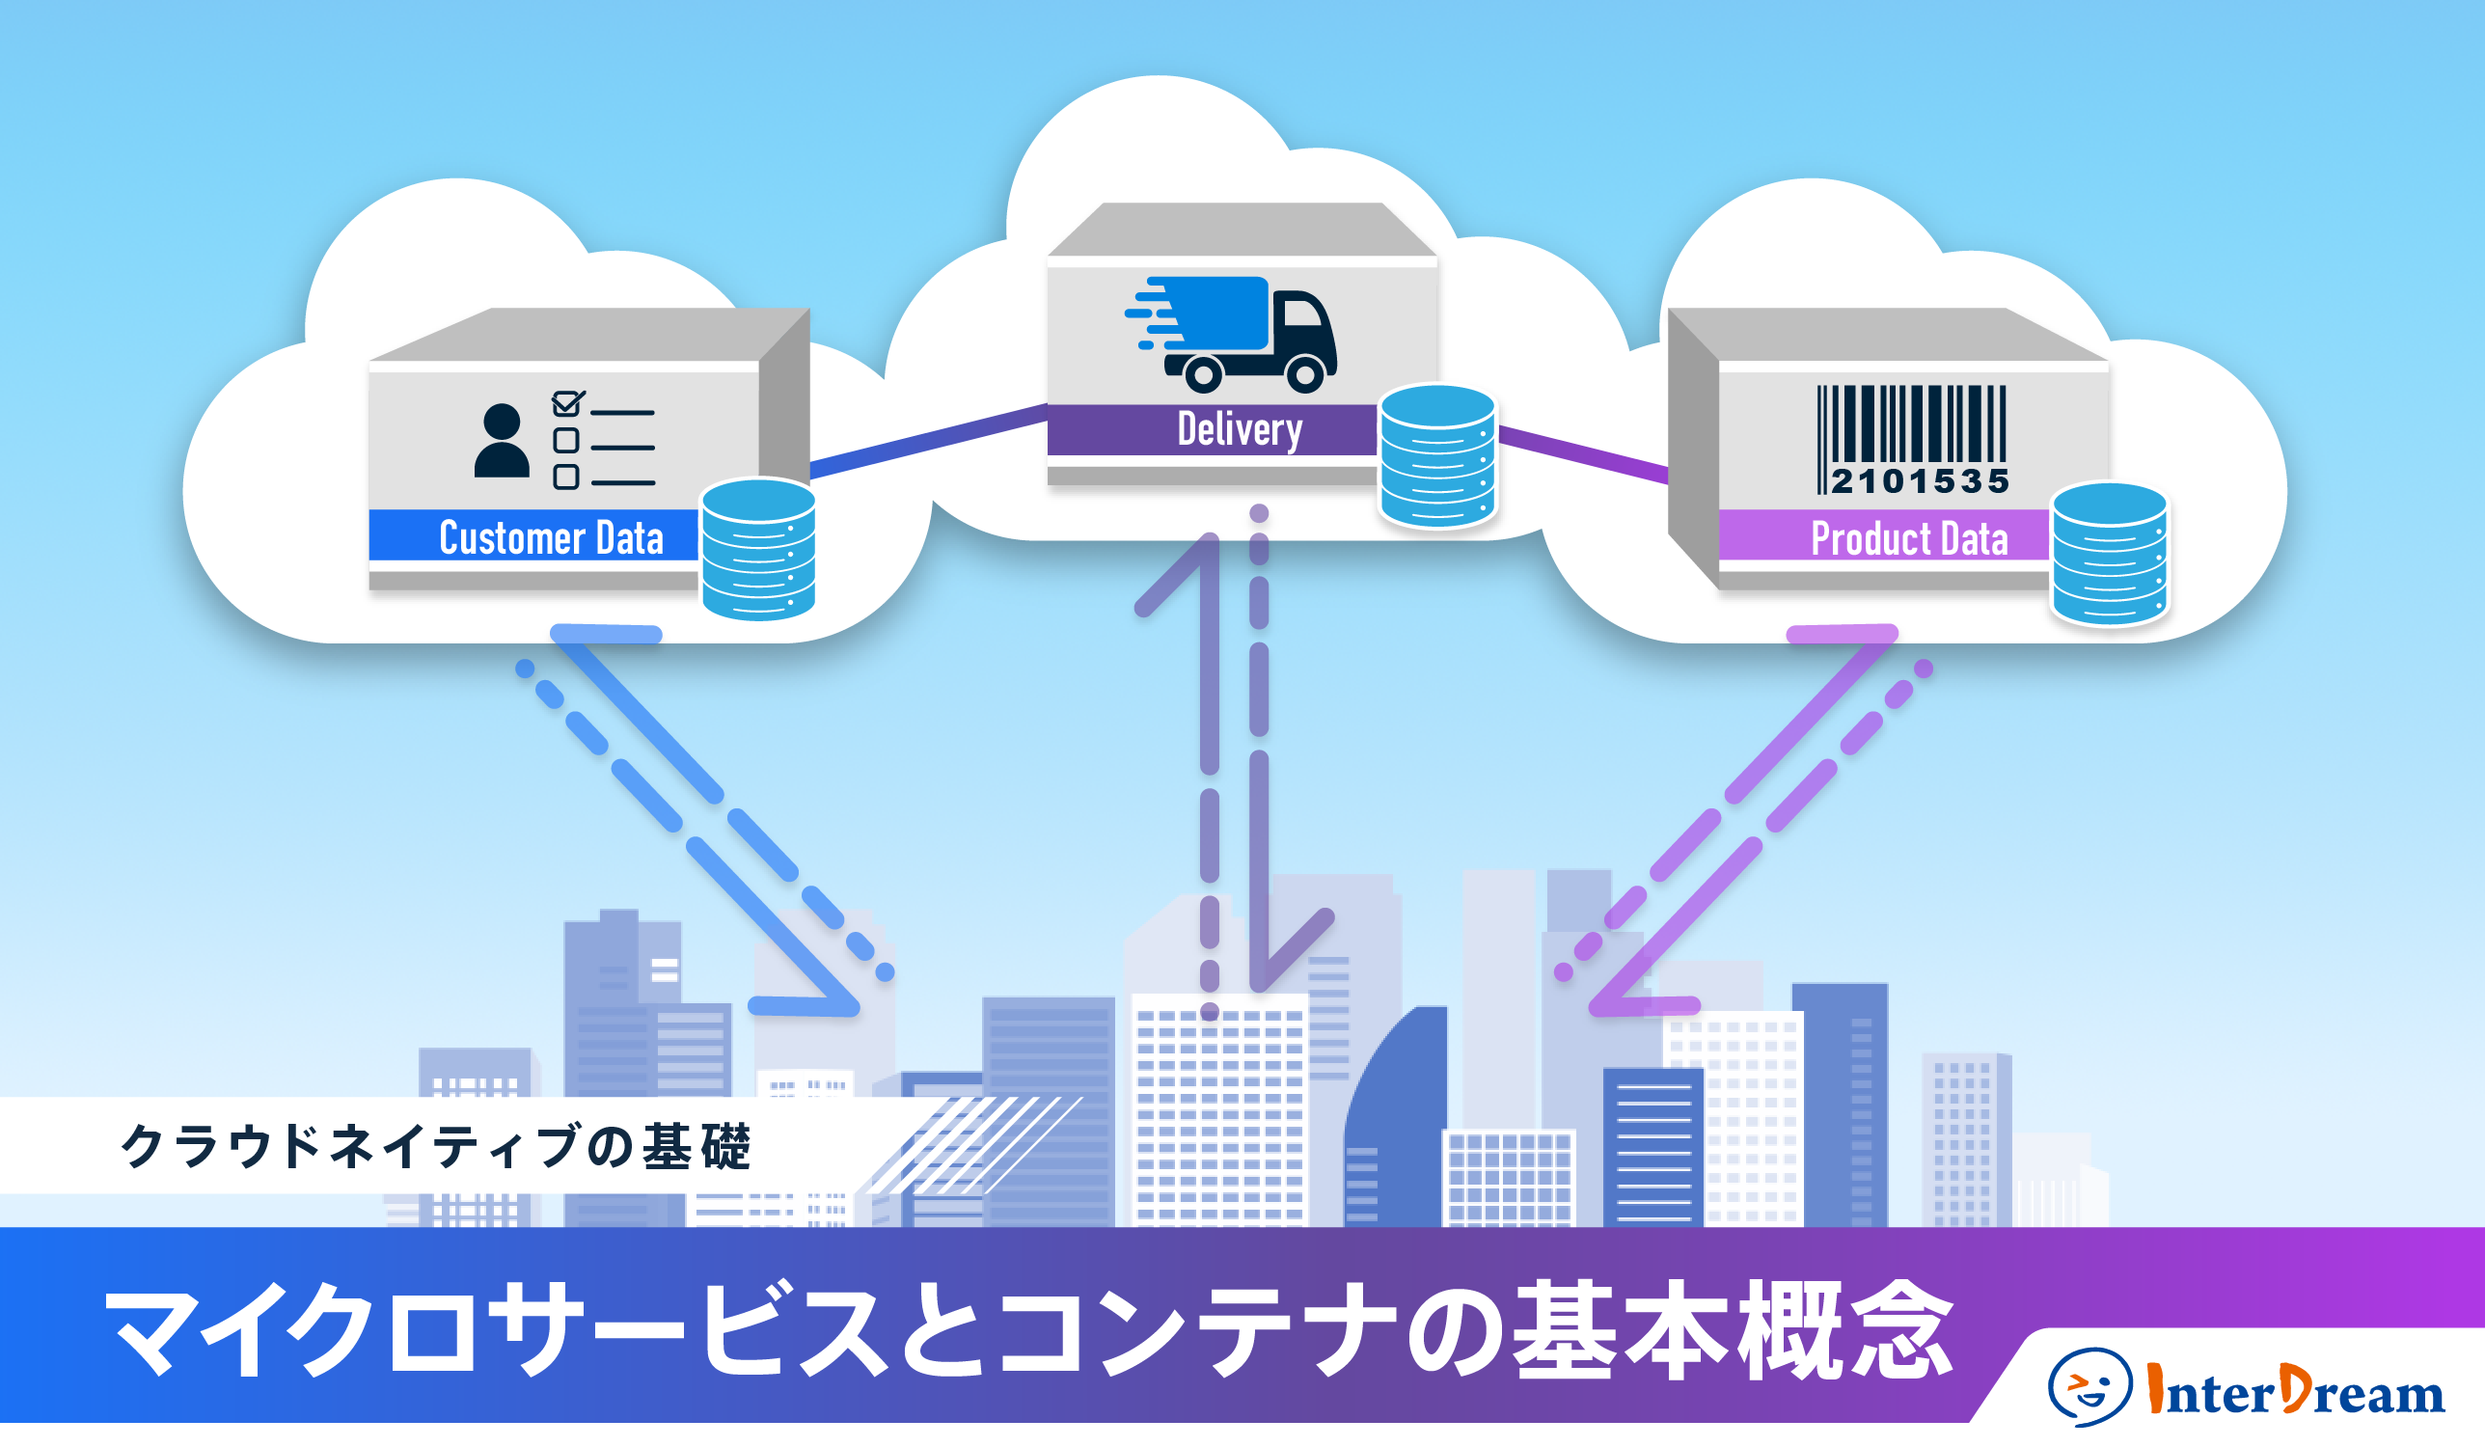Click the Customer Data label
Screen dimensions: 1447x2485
pyautogui.click(x=550, y=537)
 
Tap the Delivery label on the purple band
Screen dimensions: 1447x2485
pyautogui.click(x=1239, y=430)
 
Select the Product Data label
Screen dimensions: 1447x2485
pyautogui.click(x=1908, y=538)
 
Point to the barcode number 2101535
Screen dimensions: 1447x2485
pyautogui.click(x=1919, y=481)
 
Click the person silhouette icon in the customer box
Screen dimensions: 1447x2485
pyautogui.click(x=501, y=441)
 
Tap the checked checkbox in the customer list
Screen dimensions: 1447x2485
pyautogui.click(x=566, y=403)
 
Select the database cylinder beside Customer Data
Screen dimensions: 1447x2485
pyautogui.click(x=757, y=550)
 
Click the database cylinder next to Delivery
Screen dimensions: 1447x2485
pyautogui.click(x=1436, y=455)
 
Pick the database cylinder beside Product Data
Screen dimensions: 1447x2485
pyautogui.click(x=2109, y=554)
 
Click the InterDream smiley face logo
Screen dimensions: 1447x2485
pyautogui.click(x=2088, y=1386)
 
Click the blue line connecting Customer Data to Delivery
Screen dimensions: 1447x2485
pyautogui.click(x=927, y=441)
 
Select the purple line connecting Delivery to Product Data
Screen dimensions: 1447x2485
pyautogui.click(x=1583, y=454)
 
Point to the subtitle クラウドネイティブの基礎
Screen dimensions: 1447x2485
pyautogui.click(x=434, y=1146)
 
